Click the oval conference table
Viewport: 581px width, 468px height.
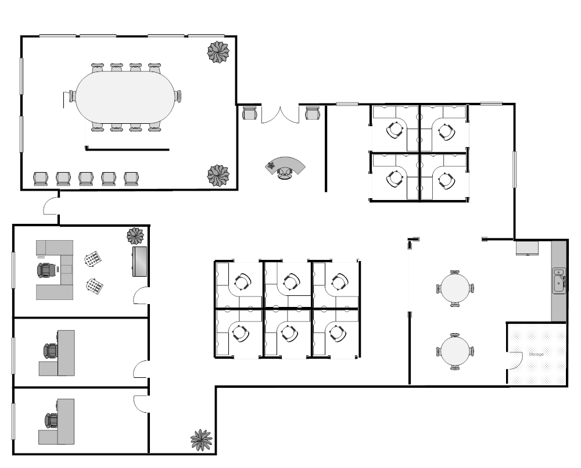(x=125, y=97)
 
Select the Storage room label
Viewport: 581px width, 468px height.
(x=536, y=355)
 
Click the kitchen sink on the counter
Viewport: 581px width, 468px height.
(x=559, y=281)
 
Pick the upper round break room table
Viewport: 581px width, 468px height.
(x=455, y=288)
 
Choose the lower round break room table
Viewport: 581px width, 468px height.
(x=455, y=351)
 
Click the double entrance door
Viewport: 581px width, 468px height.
(x=280, y=115)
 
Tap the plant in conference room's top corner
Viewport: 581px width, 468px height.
(x=218, y=52)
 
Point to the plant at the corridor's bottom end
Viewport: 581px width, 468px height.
(x=202, y=440)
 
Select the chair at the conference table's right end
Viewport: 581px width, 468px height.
(x=178, y=96)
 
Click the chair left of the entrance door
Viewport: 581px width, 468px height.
(x=249, y=113)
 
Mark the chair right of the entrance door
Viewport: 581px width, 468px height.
(x=313, y=113)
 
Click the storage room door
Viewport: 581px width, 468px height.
(x=514, y=360)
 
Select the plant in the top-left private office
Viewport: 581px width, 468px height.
(x=135, y=236)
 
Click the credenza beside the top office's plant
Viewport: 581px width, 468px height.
(x=139, y=262)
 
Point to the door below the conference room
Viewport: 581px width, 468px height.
(x=51, y=206)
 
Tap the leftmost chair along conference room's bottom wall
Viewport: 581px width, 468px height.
(x=41, y=178)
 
